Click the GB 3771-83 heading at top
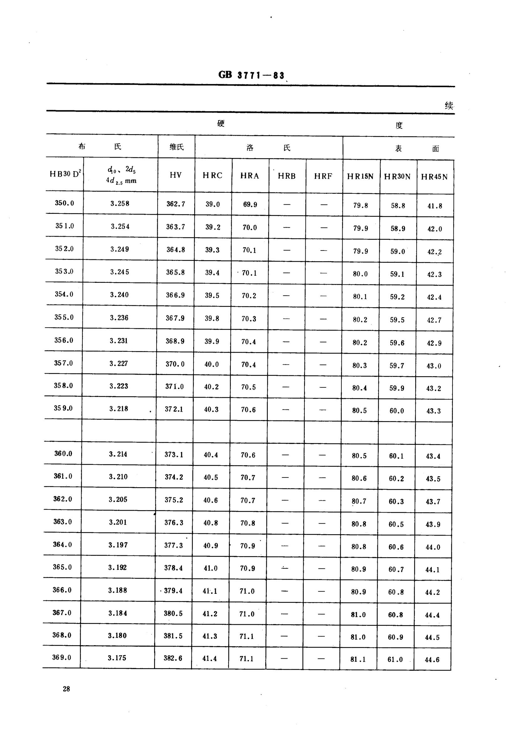point(251,75)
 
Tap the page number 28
point(66,689)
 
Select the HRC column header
point(212,175)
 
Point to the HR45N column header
point(434,177)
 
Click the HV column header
point(176,175)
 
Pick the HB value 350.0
point(65,203)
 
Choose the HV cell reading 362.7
point(176,204)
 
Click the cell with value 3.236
point(119,318)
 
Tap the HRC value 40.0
point(212,364)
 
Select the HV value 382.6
point(173,658)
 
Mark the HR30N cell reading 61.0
point(395,659)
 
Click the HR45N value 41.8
point(435,206)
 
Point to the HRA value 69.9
point(250,205)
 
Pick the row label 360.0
point(63,454)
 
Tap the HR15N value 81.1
point(358,659)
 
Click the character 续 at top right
point(449,106)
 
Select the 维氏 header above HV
point(176,147)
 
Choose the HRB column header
point(287,176)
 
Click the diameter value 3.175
point(117,658)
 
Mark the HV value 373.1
point(174,455)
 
